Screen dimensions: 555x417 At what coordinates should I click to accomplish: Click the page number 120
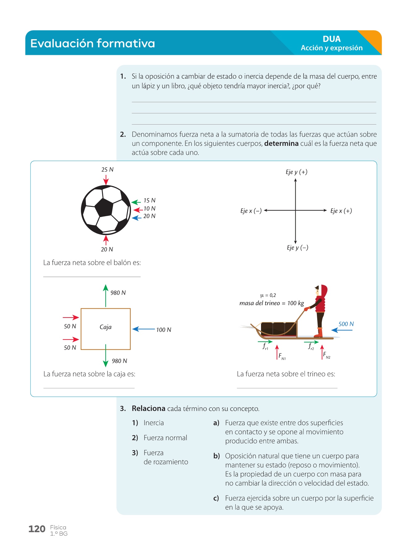coord(37,529)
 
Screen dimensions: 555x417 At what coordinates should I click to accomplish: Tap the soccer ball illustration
coord(106,210)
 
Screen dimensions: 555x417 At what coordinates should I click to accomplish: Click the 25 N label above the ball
coord(107,170)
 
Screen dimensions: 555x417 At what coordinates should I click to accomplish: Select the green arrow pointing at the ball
coord(136,202)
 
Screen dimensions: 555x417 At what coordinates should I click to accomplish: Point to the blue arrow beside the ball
coord(137,218)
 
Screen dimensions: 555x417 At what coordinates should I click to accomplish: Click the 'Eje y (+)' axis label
coord(296,172)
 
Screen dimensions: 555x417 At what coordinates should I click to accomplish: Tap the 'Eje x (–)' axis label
coord(251,211)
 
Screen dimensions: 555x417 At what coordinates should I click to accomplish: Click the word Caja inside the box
coord(105,327)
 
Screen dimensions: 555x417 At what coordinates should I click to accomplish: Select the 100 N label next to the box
coord(163,330)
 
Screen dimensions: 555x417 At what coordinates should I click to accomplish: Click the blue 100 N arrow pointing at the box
coord(144,329)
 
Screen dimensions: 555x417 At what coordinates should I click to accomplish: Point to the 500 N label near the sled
coord(346,324)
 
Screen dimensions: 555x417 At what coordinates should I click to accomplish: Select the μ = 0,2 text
coord(268,295)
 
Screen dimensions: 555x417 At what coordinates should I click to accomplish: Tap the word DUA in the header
coord(331,39)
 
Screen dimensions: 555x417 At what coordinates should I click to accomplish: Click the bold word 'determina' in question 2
coord(281,144)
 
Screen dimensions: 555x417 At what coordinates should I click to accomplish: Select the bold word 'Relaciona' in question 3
coord(148,409)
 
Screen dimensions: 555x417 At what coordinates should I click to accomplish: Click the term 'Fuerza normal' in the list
coord(165,438)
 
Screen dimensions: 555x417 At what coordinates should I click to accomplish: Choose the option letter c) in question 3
coord(216,498)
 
